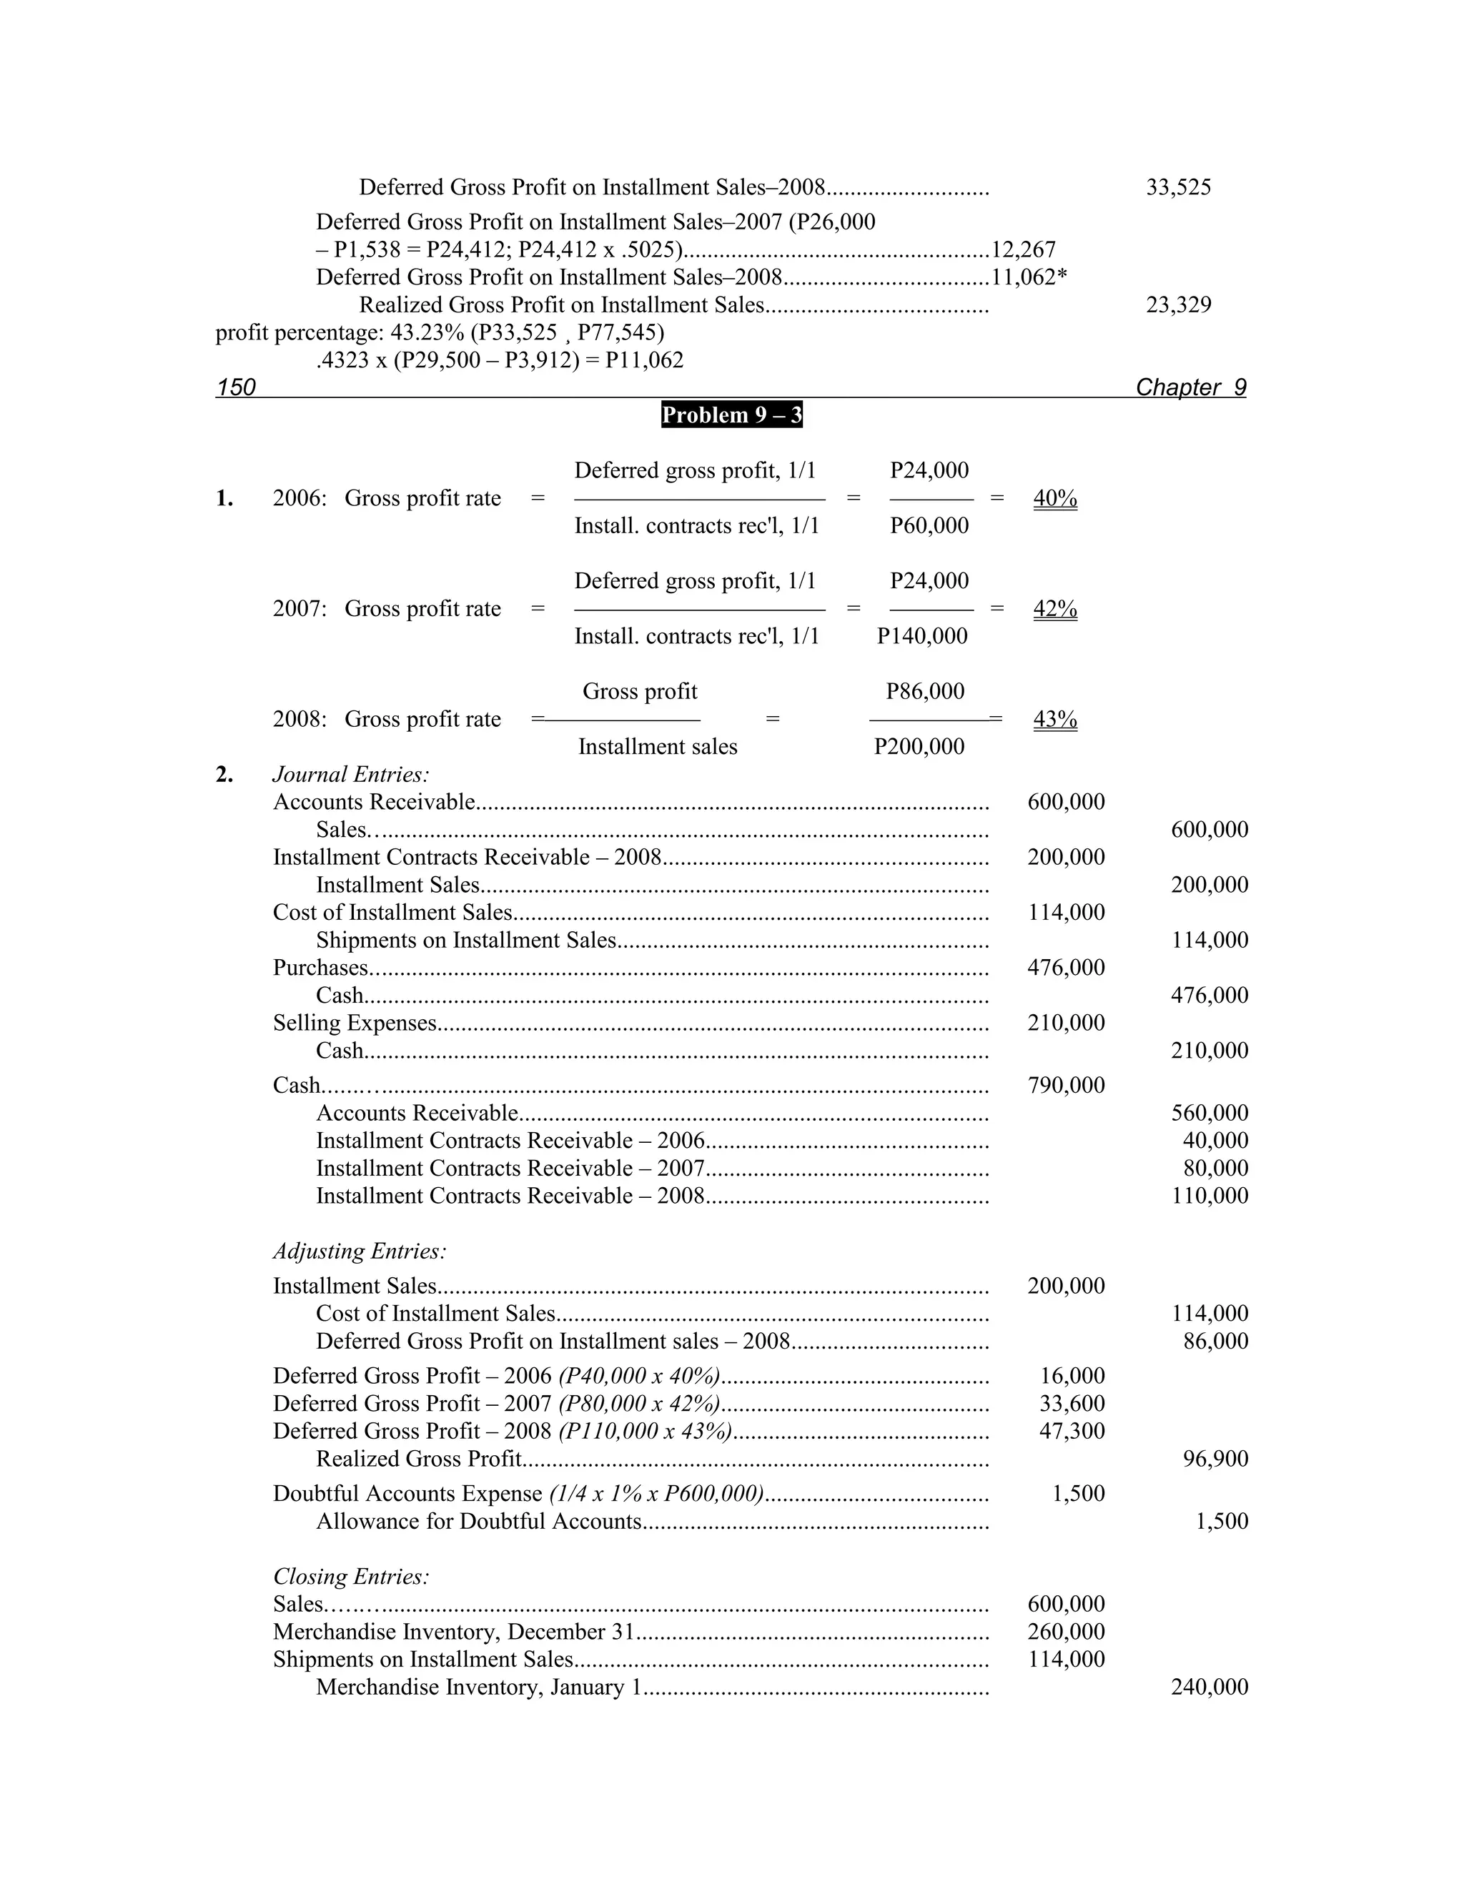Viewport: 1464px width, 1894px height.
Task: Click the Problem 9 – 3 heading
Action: (x=731, y=415)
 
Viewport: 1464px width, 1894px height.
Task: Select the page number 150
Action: (x=236, y=387)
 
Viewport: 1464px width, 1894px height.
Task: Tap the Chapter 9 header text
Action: (x=1190, y=387)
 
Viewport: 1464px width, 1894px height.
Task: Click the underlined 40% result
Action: (x=1054, y=499)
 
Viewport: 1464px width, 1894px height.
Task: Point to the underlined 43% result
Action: (x=1054, y=719)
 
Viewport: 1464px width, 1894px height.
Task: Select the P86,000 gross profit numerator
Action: (x=924, y=691)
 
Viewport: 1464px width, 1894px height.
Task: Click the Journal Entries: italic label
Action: (x=351, y=775)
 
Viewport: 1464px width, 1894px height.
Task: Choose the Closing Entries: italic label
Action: (x=351, y=1576)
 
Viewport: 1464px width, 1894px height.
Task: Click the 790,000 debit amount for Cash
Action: (x=1066, y=1085)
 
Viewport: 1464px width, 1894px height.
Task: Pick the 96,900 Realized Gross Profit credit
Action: (x=1215, y=1459)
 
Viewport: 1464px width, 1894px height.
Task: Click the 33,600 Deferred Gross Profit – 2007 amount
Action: (x=1072, y=1403)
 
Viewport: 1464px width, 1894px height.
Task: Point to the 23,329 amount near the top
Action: (x=1178, y=305)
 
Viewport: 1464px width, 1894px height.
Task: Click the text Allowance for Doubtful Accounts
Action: (x=479, y=1521)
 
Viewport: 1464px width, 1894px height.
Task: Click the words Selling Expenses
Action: (x=355, y=1023)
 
